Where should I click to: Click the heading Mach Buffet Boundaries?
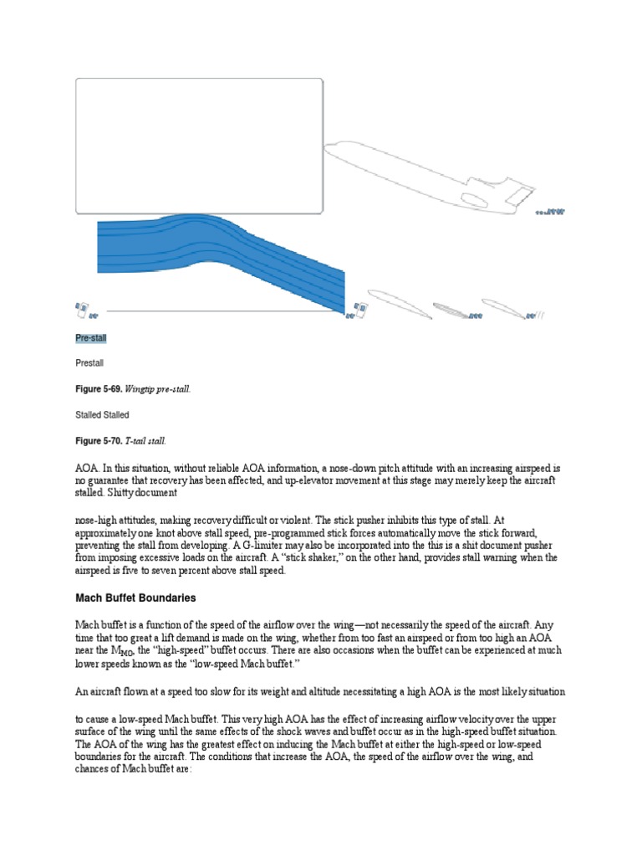pos(135,598)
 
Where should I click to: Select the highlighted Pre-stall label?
pos(90,338)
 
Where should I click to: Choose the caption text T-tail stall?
pos(148,440)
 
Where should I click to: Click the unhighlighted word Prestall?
pos(89,364)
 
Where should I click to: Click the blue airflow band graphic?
pos(222,264)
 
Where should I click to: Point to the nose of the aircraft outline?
pos(327,148)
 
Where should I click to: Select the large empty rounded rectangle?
pos(199,146)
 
